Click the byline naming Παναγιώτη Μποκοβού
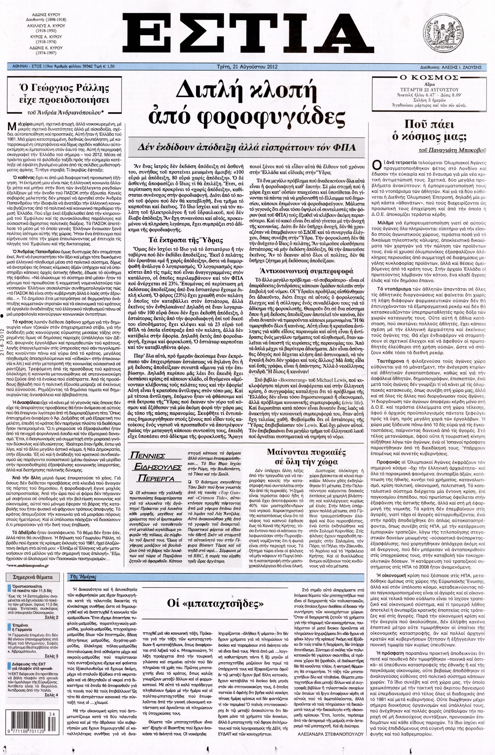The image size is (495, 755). pos(450,150)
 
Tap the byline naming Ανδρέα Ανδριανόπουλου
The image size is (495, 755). pos(65,112)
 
